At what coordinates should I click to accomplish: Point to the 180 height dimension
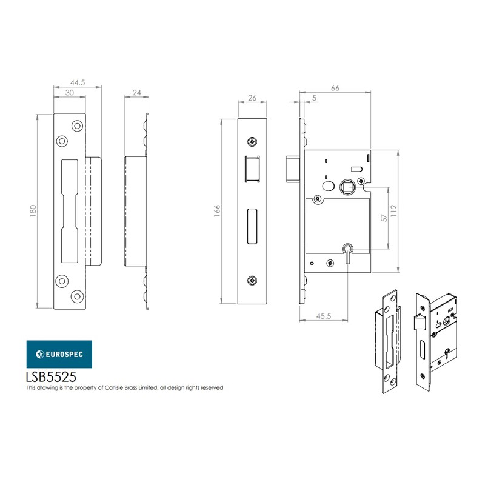point(34,210)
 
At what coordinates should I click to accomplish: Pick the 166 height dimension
point(217,210)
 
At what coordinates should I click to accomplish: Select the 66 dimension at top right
point(335,88)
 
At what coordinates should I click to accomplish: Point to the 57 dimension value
point(383,218)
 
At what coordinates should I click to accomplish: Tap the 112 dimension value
point(393,210)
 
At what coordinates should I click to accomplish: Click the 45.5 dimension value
point(324,316)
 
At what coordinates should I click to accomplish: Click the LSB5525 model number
point(51,376)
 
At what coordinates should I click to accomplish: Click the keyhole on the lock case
point(347,250)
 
